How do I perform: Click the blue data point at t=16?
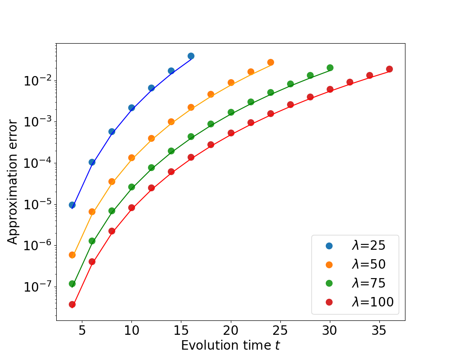coord(191,56)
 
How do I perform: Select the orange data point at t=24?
coord(270,62)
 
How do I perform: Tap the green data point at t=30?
coord(330,68)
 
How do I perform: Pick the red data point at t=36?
coord(389,69)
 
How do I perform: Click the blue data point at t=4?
coord(72,205)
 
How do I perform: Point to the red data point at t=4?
coord(72,305)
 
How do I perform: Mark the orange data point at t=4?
coord(72,255)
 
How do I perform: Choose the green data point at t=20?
coord(231,112)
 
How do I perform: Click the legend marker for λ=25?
coord(329,246)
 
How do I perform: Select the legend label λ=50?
coord(369,265)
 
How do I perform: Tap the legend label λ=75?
coord(369,283)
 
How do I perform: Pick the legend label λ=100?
coord(373,302)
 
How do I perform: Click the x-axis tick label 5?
coord(82,331)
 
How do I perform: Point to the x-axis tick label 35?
coord(379,331)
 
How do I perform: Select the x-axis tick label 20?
coord(231,331)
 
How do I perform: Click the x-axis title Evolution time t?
coord(230,345)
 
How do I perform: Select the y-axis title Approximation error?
coord(13,182)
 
